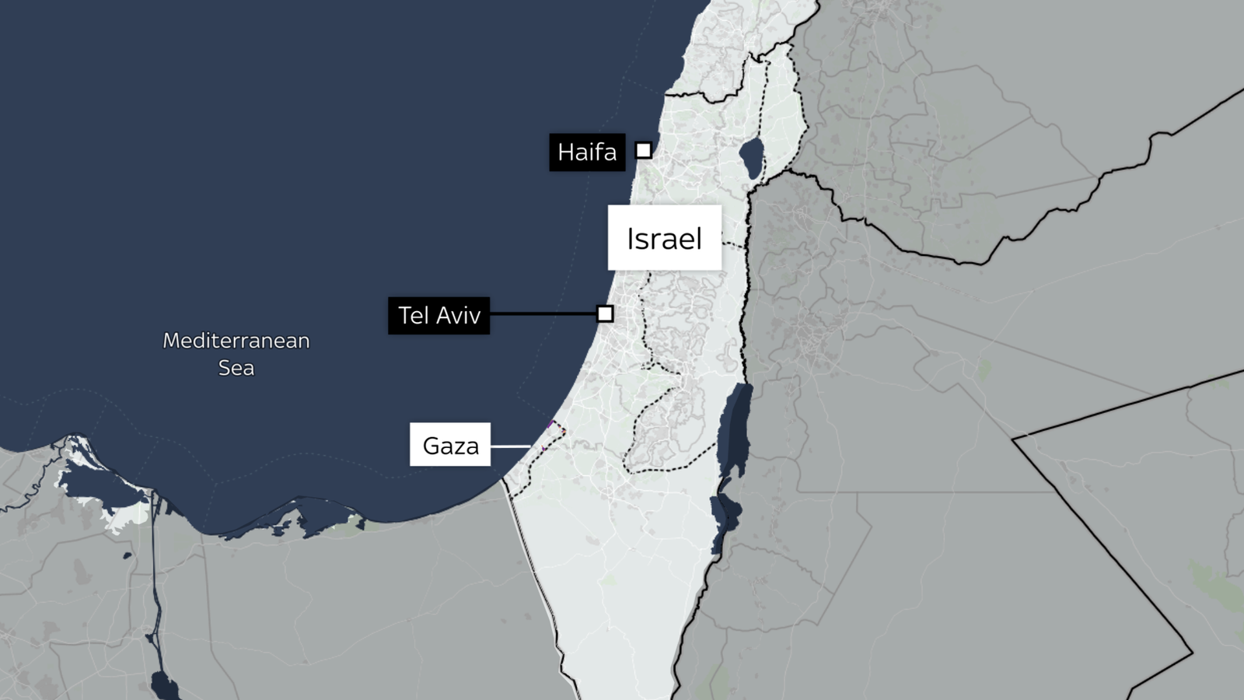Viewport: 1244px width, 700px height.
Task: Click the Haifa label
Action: click(587, 152)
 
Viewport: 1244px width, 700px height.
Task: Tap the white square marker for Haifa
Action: click(644, 150)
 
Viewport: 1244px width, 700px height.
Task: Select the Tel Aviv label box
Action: click(439, 315)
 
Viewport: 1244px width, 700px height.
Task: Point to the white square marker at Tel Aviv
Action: click(605, 313)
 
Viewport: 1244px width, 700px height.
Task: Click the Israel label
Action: click(664, 238)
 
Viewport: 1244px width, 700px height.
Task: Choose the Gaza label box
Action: click(450, 445)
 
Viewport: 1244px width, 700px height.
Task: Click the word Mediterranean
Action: click(236, 341)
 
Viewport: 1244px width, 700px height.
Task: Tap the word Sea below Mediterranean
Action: click(236, 368)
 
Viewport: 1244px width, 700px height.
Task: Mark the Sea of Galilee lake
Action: click(752, 157)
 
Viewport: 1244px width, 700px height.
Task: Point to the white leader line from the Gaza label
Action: click(510, 446)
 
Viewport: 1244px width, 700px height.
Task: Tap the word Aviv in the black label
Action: click(457, 315)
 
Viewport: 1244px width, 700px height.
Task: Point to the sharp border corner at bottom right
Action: click(1192, 652)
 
